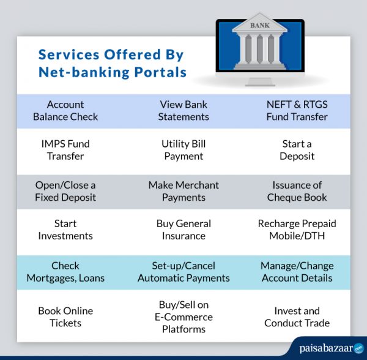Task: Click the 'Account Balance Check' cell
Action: point(65,110)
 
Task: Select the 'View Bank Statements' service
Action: point(183,110)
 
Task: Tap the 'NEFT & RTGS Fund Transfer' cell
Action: point(297,110)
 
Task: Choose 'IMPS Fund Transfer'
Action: point(65,150)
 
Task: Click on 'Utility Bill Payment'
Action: point(183,150)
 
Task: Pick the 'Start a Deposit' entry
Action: point(297,150)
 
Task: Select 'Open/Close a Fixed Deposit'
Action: point(65,191)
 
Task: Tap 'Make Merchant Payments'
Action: point(183,191)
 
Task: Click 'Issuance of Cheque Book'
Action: point(297,191)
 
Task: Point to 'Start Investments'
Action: point(65,230)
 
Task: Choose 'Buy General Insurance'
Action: point(183,230)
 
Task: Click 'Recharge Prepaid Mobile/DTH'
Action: point(297,230)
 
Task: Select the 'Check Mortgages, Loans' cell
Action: point(65,272)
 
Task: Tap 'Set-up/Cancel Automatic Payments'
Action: point(183,272)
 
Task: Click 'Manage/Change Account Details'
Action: point(297,272)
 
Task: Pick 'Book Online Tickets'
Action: point(65,317)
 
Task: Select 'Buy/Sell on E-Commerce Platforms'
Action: point(183,317)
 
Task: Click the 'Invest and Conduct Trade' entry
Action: point(297,317)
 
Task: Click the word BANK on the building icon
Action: point(259,26)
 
